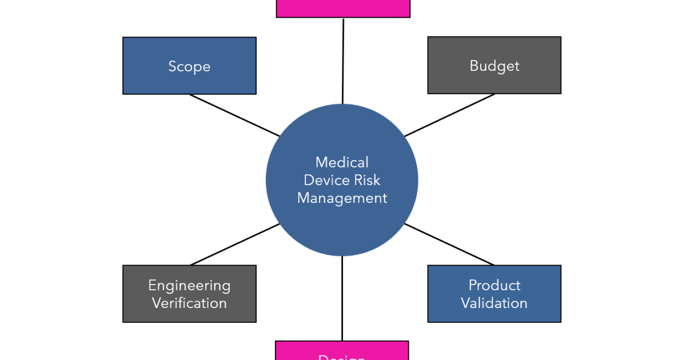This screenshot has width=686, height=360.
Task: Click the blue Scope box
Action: pyautogui.click(x=189, y=66)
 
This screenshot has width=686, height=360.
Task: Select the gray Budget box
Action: pyautogui.click(x=494, y=65)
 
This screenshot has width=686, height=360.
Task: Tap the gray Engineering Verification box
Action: pyautogui.click(x=189, y=294)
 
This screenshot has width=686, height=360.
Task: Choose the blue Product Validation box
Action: pyautogui.click(x=494, y=294)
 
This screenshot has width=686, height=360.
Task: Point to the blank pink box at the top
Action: pyautogui.click(x=343, y=8)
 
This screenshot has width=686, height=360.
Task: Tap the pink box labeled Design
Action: pyautogui.click(x=342, y=351)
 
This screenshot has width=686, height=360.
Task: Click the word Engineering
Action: pyautogui.click(x=189, y=285)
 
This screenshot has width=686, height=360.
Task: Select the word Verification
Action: pyautogui.click(x=189, y=303)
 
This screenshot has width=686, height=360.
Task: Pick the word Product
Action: pyautogui.click(x=494, y=285)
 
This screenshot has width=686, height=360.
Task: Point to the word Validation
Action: pyautogui.click(x=494, y=303)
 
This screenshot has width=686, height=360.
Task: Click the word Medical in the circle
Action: pyautogui.click(x=342, y=162)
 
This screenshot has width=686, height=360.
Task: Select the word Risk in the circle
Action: pyautogui.click(x=367, y=180)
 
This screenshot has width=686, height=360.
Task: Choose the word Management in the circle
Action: pyautogui.click(x=342, y=198)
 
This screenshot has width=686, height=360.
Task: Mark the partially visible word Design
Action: pyautogui.click(x=342, y=357)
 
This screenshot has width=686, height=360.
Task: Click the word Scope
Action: pyautogui.click(x=189, y=66)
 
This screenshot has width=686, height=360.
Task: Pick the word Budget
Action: pyautogui.click(x=494, y=66)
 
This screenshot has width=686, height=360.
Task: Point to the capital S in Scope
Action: pyautogui.click(x=173, y=66)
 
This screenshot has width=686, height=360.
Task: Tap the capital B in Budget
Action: pyautogui.click(x=474, y=65)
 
